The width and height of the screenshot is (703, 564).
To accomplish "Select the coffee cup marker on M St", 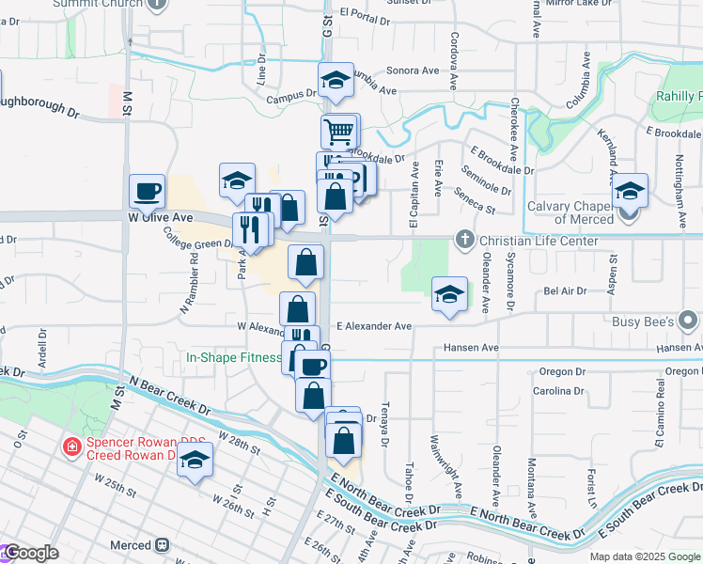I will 147,191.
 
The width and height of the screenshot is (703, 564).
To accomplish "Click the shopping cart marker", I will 338,131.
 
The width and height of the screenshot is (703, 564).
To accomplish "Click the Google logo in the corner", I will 30,553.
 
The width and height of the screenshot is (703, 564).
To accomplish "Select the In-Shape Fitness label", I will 234,358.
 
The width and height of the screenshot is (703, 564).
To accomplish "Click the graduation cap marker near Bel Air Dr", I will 449,293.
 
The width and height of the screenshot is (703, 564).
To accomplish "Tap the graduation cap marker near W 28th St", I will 195,460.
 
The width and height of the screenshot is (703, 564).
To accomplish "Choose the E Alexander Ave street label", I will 374,326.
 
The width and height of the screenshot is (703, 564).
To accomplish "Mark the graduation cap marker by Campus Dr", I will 335,80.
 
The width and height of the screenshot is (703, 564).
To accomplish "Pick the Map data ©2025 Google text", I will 645,556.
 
